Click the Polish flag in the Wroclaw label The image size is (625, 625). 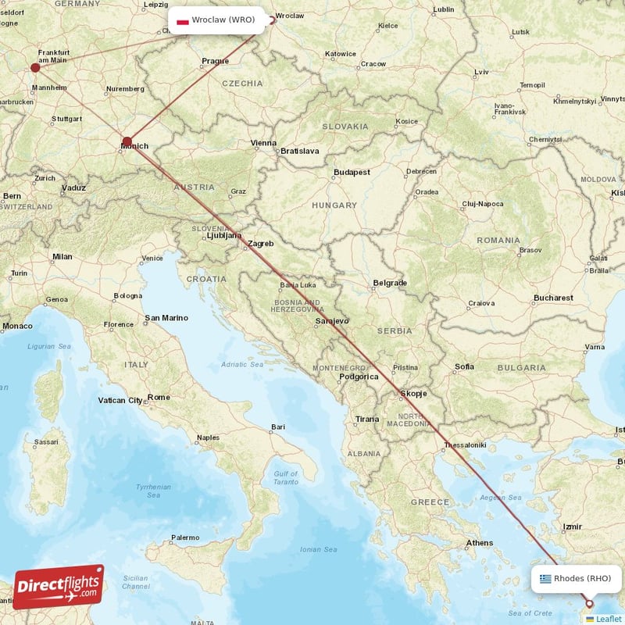point(183,20)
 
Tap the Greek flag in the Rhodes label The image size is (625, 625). point(545,579)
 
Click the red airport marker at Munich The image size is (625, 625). point(127,142)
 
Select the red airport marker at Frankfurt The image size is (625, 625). point(35,67)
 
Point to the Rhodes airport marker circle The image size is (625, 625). point(589,604)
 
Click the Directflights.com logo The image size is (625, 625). point(59,587)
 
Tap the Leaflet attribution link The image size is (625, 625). point(608,619)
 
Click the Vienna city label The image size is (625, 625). point(263,143)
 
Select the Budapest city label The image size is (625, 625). point(351,172)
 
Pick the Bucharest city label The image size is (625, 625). point(554,298)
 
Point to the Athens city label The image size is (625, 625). point(479,543)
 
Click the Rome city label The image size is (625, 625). point(159,397)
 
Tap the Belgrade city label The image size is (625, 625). point(390,283)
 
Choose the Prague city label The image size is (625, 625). point(215,61)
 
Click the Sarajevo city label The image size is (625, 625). point(332,321)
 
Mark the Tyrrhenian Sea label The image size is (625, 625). point(153,490)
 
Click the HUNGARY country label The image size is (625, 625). point(334,205)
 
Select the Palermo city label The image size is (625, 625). point(185,537)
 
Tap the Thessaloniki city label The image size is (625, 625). point(464,446)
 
